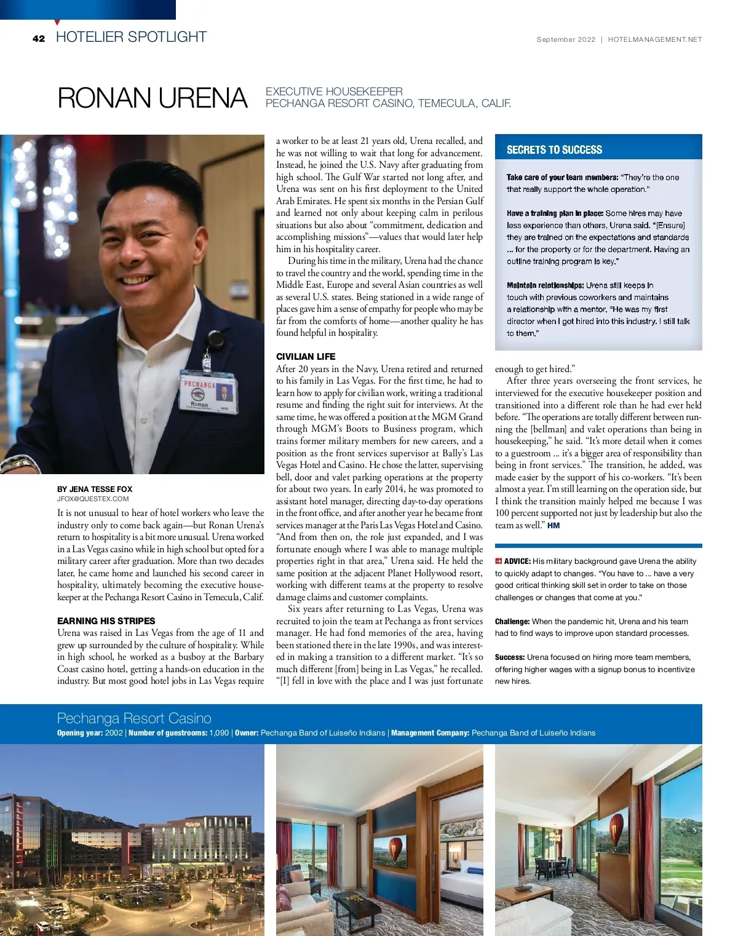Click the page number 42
click(x=39, y=39)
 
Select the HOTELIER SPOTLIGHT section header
click(x=131, y=37)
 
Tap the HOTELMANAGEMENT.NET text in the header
click(x=654, y=39)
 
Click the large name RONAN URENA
click(x=152, y=98)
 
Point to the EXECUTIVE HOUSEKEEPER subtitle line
click(x=334, y=92)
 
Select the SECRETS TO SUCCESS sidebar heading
click(x=554, y=149)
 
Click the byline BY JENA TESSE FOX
click(x=95, y=490)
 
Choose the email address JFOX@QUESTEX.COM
click(x=93, y=499)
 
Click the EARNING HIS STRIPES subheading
click(x=106, y=621)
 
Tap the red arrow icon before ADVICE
click(x=499, y=561)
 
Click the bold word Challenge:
click(x=512, y=622)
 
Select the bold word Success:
click(x=510, y=657)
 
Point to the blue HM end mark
click(x=553, y=526)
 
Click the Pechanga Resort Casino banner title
click(x=134, y=718)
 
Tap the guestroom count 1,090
click(x=219, y=733)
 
